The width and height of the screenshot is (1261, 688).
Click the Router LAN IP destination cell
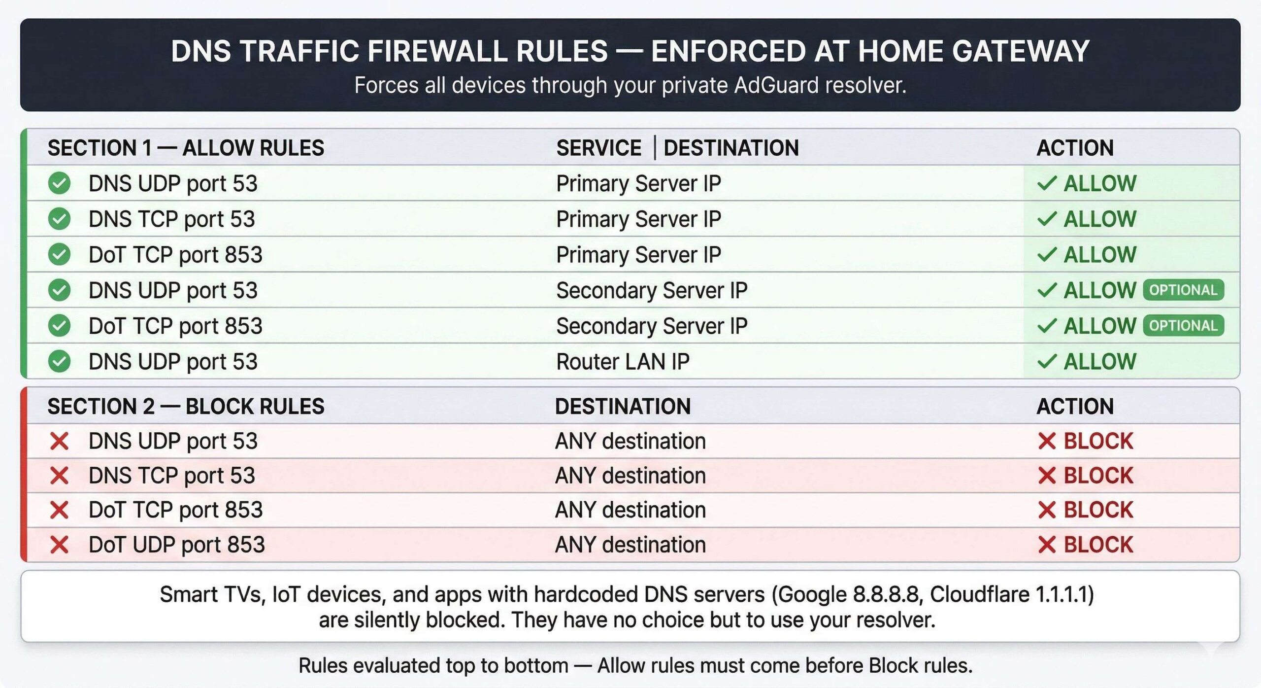point(623,362)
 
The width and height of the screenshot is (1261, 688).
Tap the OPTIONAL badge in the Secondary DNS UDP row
point(1183,290)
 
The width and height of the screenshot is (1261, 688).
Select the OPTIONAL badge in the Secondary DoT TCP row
point(1183,326)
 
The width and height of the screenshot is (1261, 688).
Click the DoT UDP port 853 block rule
point(176,545)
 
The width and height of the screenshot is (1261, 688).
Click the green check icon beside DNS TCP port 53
point(59,219)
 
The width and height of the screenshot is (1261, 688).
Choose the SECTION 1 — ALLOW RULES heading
point(186,148)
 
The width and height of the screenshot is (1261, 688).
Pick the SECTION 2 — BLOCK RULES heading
point(186,407)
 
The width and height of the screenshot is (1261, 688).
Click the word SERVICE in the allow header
point(598,148)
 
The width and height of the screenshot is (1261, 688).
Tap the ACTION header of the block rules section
point(1075,407)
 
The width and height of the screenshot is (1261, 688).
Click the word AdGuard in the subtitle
point(777,85)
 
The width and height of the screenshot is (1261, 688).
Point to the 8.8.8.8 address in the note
point(885,594)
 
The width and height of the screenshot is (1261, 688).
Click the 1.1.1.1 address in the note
point(1062,594)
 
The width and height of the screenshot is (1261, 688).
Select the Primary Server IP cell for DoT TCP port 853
point(638,255)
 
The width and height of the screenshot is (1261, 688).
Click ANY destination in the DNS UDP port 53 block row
point(630,441)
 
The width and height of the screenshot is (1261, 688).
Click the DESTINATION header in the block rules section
point(623,407)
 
